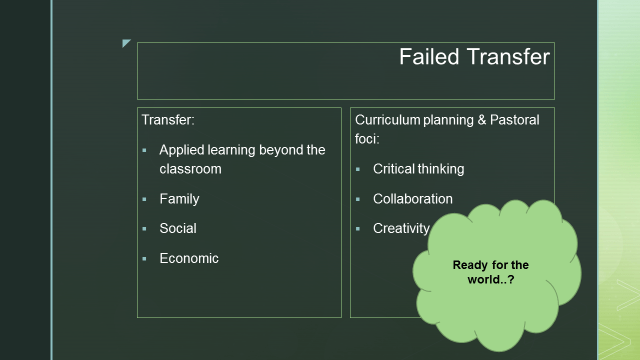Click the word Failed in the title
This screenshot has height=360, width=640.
click(428, 57)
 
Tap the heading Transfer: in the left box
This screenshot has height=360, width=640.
click(167, 120)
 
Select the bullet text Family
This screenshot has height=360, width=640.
click(179, 199)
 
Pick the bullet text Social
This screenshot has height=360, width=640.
click(178, 228)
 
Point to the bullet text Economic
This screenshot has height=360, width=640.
click(189, 258)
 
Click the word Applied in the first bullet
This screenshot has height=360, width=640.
click(184, 150)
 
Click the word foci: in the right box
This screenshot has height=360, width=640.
click(369, 139)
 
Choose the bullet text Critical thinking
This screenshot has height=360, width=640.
click(418, 169)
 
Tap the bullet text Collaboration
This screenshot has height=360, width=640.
click(412, 199)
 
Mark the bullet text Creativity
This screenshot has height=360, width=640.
click(401, 228)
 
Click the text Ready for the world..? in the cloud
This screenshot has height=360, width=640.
click(490, 272)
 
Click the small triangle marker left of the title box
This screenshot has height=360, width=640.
click(126, 43)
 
